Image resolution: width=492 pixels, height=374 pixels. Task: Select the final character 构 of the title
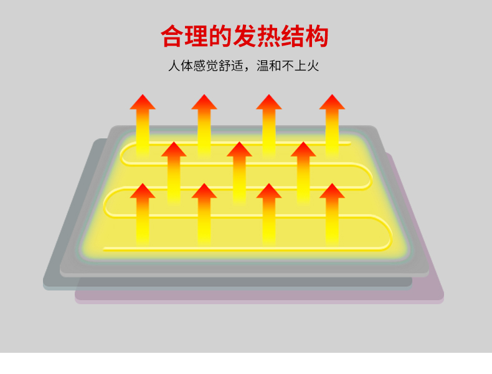tap(316, 36)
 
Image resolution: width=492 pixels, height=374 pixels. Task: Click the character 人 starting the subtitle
tap(174, 65)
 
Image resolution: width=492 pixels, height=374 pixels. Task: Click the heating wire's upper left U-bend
tap(124, 153)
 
